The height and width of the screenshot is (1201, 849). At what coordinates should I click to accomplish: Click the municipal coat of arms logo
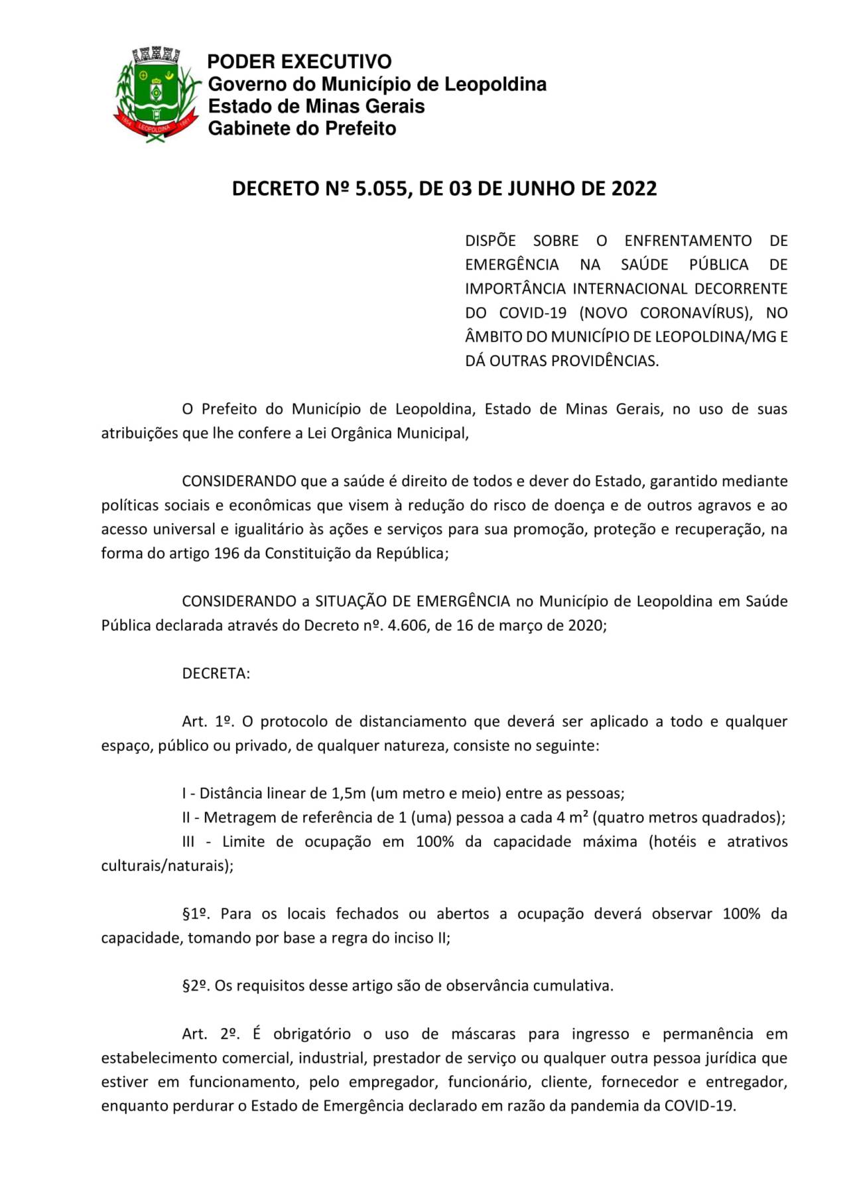point(157,94)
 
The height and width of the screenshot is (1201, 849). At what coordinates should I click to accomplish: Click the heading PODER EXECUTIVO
point(299,62)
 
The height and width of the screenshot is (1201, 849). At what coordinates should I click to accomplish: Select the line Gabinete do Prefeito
point(302,128)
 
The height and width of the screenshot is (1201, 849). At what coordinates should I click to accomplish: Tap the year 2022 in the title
point(633,189)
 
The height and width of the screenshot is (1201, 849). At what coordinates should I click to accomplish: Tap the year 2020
point(585,625)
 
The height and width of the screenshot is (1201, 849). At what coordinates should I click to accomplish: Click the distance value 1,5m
point(349,794)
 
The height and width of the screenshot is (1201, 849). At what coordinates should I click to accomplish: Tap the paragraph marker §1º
point(196,914)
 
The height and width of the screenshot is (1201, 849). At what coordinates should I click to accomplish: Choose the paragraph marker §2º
point(196,986)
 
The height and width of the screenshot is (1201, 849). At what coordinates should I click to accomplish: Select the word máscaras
point(483,1034)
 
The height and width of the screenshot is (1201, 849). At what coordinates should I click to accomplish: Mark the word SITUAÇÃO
point(351,601)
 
